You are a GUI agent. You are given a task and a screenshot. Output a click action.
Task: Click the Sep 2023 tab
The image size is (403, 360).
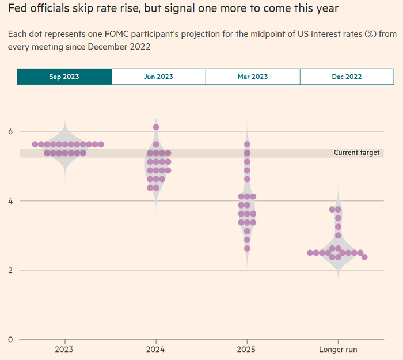(x=64, y=77)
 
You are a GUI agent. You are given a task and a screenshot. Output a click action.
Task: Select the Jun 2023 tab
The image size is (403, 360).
(x=158, y=77)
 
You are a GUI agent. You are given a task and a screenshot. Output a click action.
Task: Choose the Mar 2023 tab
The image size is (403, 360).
(x=252, y=77)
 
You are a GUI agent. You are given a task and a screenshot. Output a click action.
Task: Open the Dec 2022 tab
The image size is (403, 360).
(x=347, y=77)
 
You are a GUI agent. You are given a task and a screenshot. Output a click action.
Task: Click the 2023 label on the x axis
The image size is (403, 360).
(x=64, y=350)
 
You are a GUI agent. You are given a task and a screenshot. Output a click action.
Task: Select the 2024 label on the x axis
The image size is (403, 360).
(x=155, y=350)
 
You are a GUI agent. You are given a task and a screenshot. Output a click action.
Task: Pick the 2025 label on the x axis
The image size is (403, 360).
(x=247, y=350)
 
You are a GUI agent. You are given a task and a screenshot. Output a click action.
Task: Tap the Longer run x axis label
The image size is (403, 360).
(x=338, y=350)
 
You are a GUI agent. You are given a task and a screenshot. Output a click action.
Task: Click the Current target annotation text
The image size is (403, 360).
(x=356, y=153)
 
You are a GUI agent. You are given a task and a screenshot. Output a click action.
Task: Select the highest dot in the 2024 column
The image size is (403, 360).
(x=156, y=127)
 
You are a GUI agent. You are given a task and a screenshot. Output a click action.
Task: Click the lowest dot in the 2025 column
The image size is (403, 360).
(x=247, y=248)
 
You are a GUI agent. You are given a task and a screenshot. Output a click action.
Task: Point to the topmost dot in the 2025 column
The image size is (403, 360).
(x=247, y=145)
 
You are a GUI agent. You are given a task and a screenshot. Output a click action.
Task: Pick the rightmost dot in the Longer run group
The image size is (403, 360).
(x=364, y=257)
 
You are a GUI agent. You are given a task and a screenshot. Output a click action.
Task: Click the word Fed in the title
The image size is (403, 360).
(x=17, y=9)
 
